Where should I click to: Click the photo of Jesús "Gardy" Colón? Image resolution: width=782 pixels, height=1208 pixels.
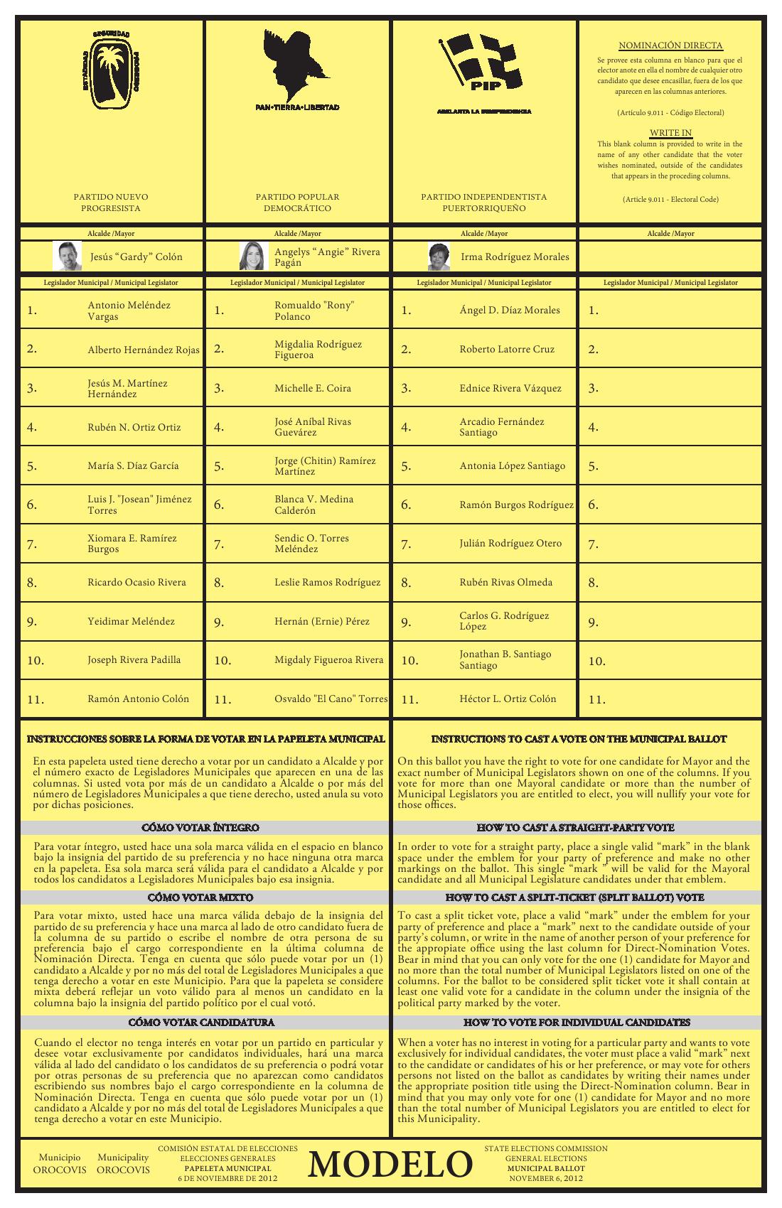[68, 256]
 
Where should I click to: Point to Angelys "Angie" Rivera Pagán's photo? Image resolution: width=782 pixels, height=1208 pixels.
[254, 256]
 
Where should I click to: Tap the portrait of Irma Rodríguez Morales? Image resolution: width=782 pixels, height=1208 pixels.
[439, 257]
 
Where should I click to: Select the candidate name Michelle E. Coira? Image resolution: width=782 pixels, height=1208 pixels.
[313, 388]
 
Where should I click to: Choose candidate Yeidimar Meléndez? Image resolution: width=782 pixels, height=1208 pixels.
[131, 621]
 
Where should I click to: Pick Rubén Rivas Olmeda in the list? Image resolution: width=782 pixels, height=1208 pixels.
[505, 582]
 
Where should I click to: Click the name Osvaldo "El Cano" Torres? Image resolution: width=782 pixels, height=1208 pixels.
[331, 699]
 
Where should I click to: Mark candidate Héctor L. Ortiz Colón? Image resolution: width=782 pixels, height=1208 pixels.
[508, 699]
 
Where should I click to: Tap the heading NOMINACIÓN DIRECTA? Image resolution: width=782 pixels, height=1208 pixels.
[670, 45]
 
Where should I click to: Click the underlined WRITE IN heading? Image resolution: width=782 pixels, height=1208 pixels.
[670, 133]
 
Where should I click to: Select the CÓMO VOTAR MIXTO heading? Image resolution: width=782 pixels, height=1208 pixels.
[201, 897]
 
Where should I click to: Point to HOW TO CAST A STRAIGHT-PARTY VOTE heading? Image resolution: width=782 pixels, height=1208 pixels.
[575, 828]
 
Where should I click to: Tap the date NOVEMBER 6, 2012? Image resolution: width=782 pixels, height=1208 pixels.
[546, 1178]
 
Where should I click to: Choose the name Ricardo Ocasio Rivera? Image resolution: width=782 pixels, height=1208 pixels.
[136, 582]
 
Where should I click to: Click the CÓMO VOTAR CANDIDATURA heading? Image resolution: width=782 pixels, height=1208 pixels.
[201, 1022]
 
